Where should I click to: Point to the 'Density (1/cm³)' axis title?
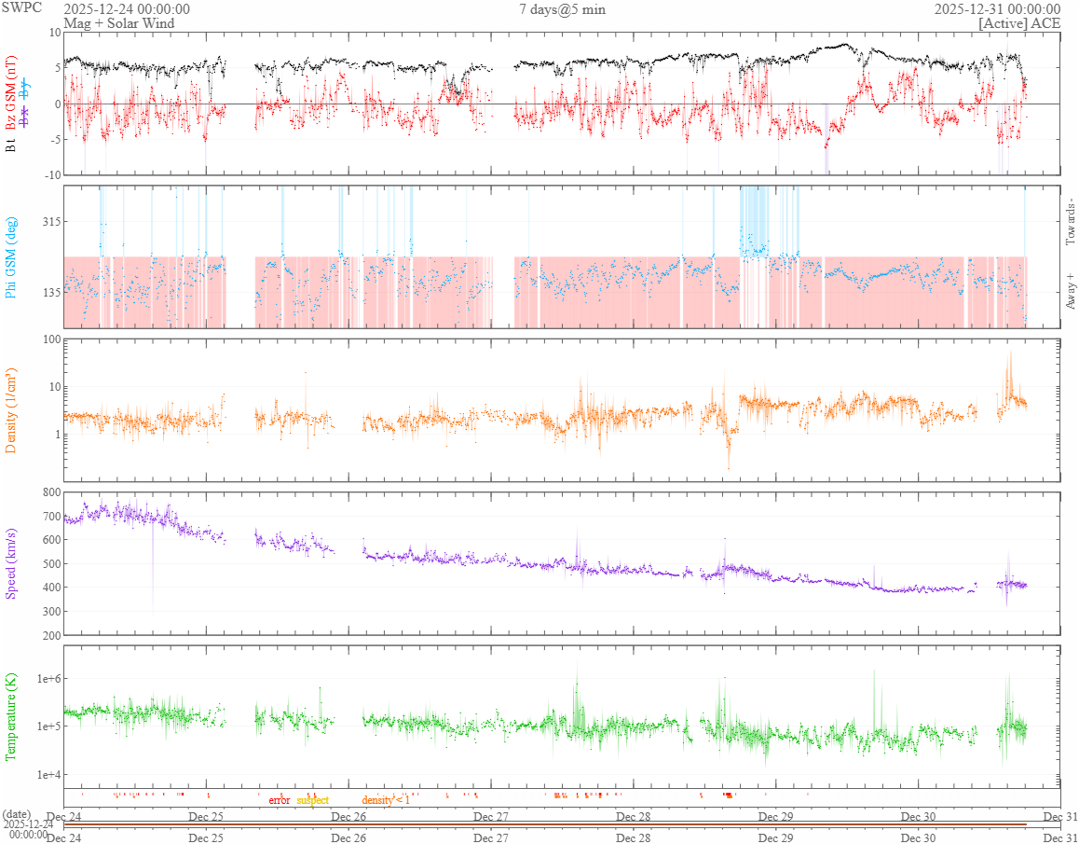[12, 410]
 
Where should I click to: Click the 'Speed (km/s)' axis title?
[12, 563]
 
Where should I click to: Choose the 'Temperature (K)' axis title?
[12, 716]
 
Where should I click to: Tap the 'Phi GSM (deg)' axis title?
[12, 257]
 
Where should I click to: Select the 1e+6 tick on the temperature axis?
[46, 678]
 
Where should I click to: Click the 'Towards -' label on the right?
[1069, 222]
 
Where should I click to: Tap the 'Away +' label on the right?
[1069, 291]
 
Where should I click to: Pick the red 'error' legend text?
[279, 800]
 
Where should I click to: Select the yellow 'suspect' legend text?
[312, 800]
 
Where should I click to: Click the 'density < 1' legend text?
[386, 800]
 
